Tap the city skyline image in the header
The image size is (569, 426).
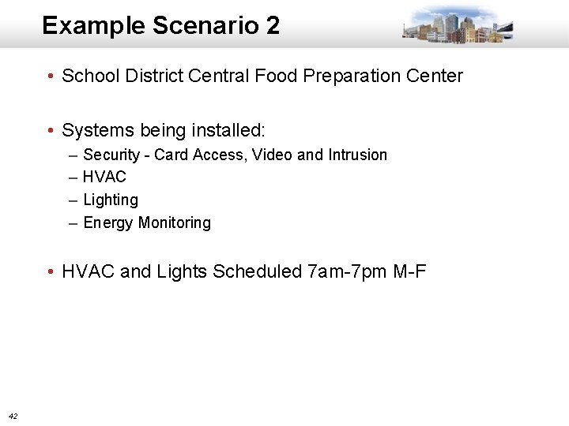[x=457, y=24]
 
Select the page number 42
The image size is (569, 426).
[x=13, y=415]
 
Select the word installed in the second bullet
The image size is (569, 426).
[x=229, y=129]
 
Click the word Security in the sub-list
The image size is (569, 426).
[x=111, y=155]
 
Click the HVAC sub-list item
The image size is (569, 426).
[x=104, y=177]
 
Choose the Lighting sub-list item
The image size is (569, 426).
[x=110, y=200]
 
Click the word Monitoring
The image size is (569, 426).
[x=175, y=222]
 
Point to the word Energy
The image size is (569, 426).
[x=107, y=222]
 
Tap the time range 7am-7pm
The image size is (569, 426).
[x=347, y=272]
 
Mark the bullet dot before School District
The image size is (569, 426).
[x=50, y=77]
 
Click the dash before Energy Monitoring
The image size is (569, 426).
[x=73, y=222]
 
